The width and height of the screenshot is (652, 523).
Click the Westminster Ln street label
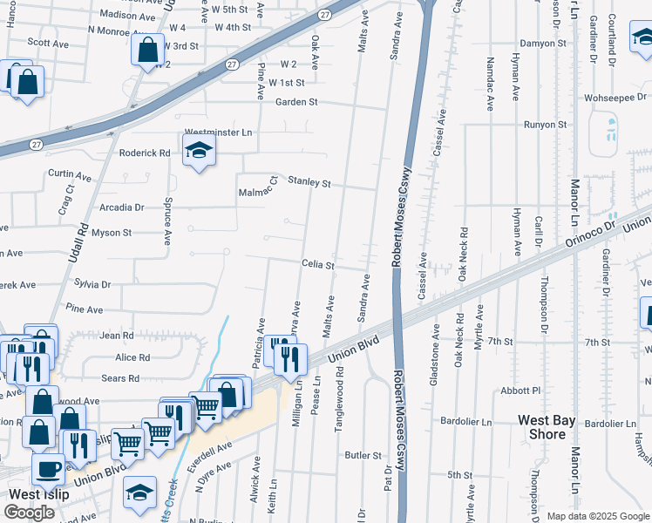pyautogui.click(x=218, y=132)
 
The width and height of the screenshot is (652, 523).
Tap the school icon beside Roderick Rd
pyautogui.click(x=199, y=153)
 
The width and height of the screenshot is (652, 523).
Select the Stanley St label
pyautogui.click(x=310, y=183)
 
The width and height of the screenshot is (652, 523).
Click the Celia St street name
pyautogui.click(x=318, y=264)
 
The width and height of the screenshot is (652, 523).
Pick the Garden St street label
pyautogui.click(x=296, y=102)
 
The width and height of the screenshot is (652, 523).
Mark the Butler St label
pyautogui.click(x=363, y=455)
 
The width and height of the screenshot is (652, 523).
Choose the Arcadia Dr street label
pyautogui.click(x=121, y=207)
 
